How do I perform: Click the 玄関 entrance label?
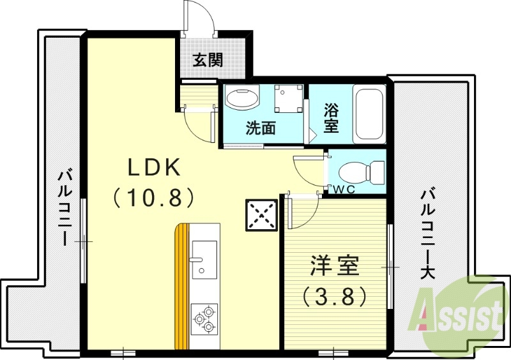click(208, 61)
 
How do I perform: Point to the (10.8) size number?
click(154, 198)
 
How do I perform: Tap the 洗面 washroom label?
click(261, 128)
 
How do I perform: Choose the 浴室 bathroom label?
click(330, 117)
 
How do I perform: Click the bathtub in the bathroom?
click(369, 114)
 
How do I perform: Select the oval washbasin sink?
click(243, 100)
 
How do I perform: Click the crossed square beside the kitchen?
click(261, 215)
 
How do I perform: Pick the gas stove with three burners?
click(205, 319)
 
